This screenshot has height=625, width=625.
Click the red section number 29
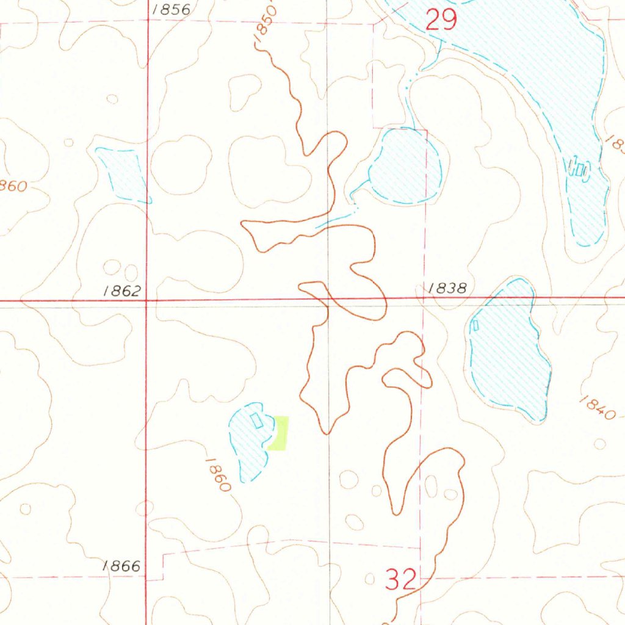click(x=441, y=21)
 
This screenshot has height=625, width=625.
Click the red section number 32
click(x=401, y=579)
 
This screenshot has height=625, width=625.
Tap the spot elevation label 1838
click(x=447, y=289)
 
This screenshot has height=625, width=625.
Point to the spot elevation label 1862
click(x=122, y=291)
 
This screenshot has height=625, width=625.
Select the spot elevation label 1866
click(x=122, y=567)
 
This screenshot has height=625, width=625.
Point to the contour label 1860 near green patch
click(x=218, y=475)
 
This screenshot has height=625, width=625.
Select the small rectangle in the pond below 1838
click(x=475, y=325)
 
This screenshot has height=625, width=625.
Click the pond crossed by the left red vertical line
click(x=124, y=174)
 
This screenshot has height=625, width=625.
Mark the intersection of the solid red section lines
click(x=147, y=300)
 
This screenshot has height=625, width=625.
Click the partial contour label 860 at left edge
click(x=13, y=186)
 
